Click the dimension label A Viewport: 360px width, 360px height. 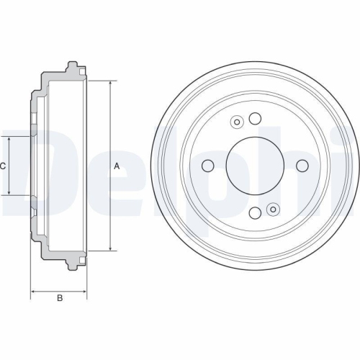click(x=116, y=166)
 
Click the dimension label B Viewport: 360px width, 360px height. click(x=60, y=298)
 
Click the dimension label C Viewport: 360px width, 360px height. click(x=3, y=166)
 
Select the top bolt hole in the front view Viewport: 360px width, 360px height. click(x=254, y=119)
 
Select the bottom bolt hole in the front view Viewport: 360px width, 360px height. click(x=254, y=213)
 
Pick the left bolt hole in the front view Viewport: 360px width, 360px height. click(x=207, y=166)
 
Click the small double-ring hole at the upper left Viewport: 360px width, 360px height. click(x=237, y=123)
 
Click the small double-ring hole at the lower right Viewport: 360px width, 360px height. click(x=272, y=210)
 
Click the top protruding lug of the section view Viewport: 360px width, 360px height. click(x=70, y=68)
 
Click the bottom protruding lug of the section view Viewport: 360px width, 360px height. click(x=70, y=264)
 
